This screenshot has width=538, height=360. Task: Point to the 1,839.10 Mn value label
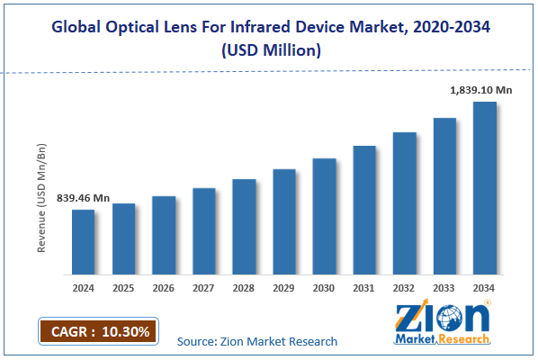(x=481, y=90)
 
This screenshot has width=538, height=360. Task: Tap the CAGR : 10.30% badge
(x=98, y=330)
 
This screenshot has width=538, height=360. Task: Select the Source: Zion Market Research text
(x=257, y=341)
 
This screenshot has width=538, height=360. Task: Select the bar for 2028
(x=244, y=226)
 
